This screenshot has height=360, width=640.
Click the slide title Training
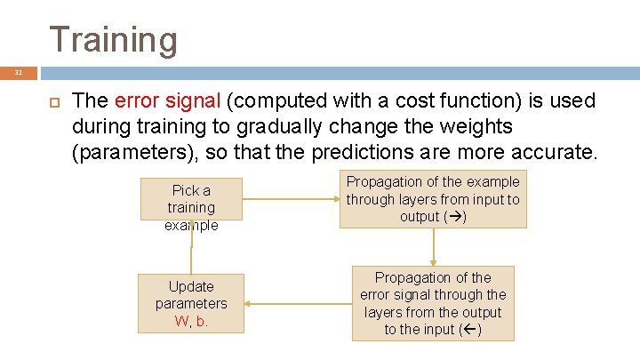click(113, 40)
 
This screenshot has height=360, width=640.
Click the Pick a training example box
click(191, 199)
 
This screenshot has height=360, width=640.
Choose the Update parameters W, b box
click(191, 304)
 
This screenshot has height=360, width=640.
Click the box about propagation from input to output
click(433, 199)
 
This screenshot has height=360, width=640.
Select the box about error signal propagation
click(433, 304)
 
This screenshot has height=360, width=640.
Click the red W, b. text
click(191, 321)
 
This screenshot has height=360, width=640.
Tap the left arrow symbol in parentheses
click(472, 330)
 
